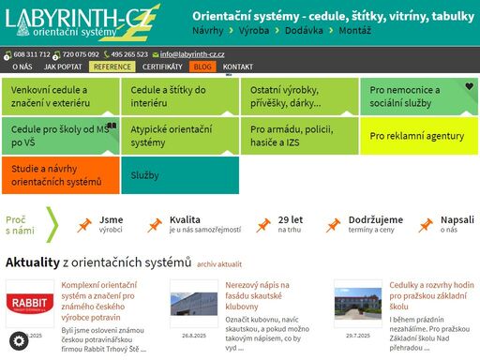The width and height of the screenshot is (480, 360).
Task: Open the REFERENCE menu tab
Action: (x=112, y=67)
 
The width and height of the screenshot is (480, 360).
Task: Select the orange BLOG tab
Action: (x=202, y=67)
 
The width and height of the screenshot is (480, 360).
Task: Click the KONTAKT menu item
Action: (x=238, y=67)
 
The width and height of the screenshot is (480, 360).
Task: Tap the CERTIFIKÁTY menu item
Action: (x=163, y=67)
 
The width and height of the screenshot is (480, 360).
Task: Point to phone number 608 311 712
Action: (x=33, y=54)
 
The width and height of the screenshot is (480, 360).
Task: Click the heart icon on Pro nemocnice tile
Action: (x=469, y=86)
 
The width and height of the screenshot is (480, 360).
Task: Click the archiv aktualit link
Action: (x=219, y=264)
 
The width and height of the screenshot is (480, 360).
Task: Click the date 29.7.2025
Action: (x=358, y=335)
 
